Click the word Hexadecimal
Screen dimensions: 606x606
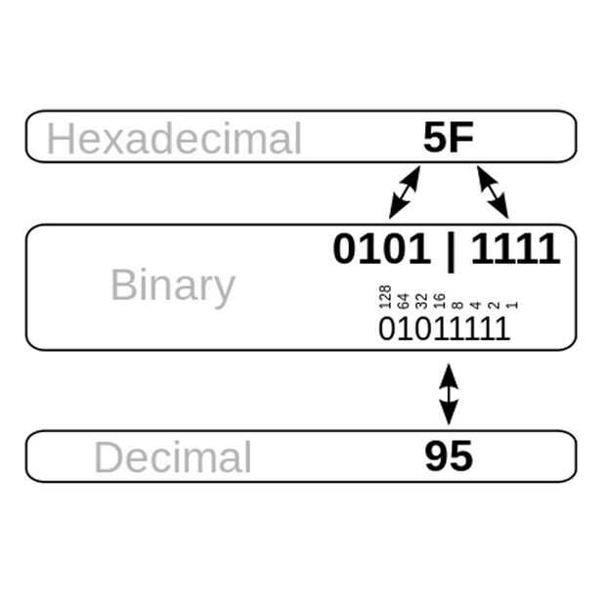click(174, 139)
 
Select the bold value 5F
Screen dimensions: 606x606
click(449, 138)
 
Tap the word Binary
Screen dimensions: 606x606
click(172, 285)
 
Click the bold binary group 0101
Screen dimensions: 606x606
click(381, 249)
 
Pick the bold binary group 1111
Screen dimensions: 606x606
click(515, 249)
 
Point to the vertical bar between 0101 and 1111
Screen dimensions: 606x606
click(450, 250)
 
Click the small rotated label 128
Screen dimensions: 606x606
click(385, 297)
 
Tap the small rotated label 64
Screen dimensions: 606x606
click(403, 300)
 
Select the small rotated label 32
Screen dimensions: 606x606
click(421, 300)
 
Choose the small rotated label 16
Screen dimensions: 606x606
click(439, 300)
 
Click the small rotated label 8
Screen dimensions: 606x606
click(456, 304)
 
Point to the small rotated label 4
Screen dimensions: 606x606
click(475, 304)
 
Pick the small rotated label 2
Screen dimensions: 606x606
click(493, 304)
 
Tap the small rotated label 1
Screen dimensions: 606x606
click(510, 304)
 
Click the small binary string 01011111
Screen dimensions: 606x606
click(444, 328)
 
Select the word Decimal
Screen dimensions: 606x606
click(172, 457)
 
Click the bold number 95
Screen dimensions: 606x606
click(449, 456)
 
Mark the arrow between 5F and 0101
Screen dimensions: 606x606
click(405, 192)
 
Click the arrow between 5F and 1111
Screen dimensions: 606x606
click(493, 192)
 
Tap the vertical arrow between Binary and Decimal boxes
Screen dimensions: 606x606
click(449, 394)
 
